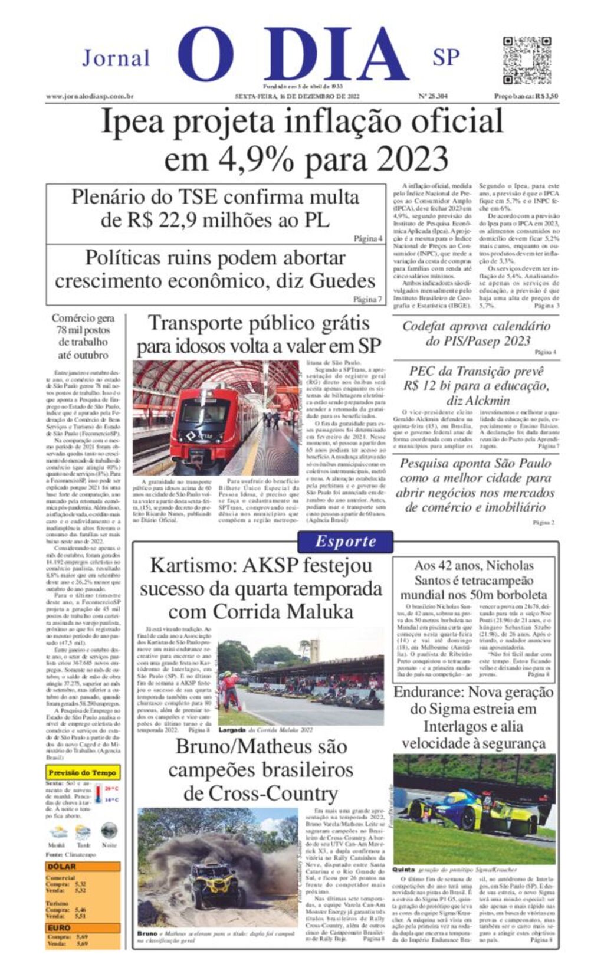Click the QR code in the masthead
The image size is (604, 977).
526,60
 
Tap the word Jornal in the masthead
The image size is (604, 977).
116,58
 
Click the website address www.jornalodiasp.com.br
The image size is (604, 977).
90,96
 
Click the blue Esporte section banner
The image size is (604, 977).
345,542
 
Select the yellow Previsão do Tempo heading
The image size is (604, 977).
82,772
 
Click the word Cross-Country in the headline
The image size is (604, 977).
260,794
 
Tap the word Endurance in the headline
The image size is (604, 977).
426,692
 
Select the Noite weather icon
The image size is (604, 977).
109,831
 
